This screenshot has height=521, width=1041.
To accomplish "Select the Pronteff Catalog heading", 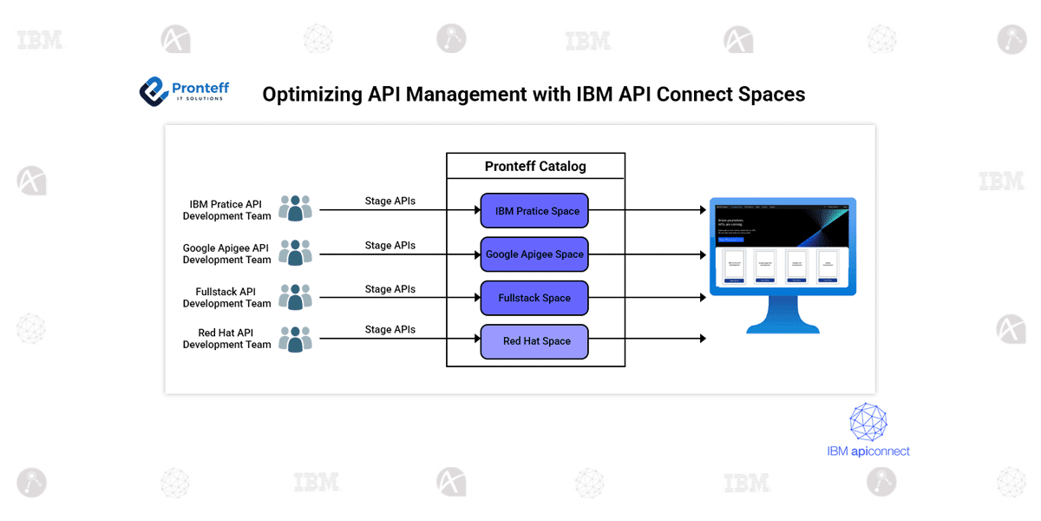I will pyautogui.click(x=535, y=166).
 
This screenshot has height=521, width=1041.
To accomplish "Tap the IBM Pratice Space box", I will pyautogui.click(x=534, y=211).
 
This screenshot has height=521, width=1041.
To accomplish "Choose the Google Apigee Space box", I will pyautogui.click(x=534, y=254).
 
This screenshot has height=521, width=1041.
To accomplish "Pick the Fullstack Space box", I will pyautogui.click(x=534, y=298).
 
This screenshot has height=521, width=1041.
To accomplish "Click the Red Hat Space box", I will pyautogui.click(x=534, y=341).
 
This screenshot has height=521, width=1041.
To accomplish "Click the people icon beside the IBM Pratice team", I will pyautogui.click(x=295, y=209).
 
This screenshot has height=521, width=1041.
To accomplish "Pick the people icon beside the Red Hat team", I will pyautogui.click(x=295, y=340).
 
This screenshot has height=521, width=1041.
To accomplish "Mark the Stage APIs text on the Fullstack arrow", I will pyautogui.click(x=390, y=289).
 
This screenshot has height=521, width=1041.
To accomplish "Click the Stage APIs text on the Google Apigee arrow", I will pyautogui.click(x=390, y=246).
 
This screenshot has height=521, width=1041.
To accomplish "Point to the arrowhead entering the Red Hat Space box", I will pyautogui.click(x=475, y=339).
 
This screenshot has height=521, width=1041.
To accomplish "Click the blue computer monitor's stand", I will pyautogui.click(x=782, y=318).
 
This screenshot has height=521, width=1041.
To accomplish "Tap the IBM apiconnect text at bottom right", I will pyautogui.click(x=867, y=451).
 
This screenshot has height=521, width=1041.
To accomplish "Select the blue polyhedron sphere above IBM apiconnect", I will pyautogui.click(x=868, y=423).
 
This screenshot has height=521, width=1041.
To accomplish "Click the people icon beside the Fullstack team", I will pyautogui.click(x=295, y=297).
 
